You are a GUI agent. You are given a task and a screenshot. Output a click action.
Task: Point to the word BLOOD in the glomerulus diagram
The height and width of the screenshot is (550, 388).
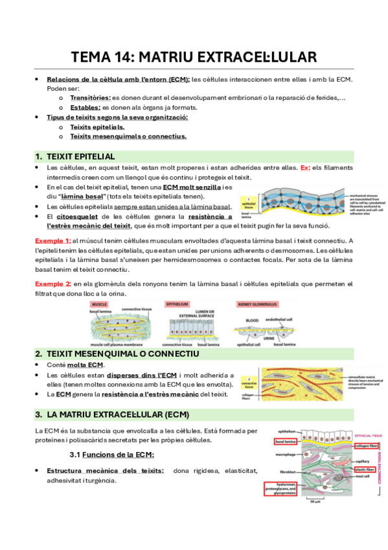252,320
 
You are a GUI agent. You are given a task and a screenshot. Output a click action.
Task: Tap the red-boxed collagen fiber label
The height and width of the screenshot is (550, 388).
366,446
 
